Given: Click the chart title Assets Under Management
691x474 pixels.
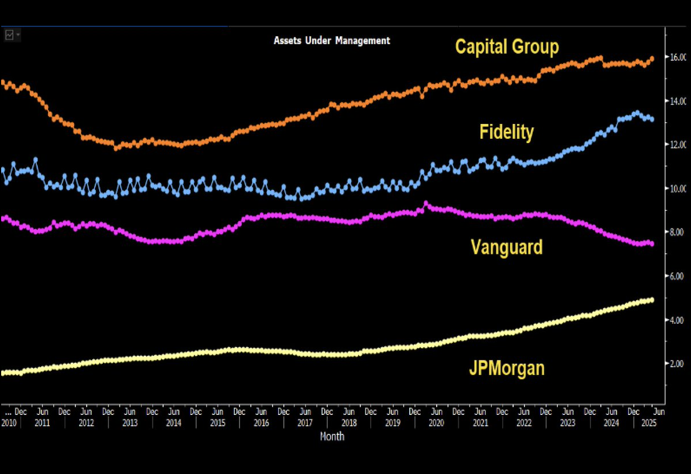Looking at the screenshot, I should coord(332,41).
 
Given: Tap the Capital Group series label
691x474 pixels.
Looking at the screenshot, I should coord(507,46).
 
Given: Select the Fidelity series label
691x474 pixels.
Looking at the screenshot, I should coord(507,133).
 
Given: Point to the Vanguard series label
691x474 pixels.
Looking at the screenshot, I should coord(507,247).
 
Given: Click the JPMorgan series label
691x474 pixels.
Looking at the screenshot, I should coord(507,368).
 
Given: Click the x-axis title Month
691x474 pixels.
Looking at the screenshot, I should coord(332,437).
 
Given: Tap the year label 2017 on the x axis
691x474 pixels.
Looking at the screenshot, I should coord(305,423).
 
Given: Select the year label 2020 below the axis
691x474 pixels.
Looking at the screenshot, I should coord(436,423).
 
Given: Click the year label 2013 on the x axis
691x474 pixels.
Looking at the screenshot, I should coord(130,423).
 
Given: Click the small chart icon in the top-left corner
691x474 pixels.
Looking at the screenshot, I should coord(10,35).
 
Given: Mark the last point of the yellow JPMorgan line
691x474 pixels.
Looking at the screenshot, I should coord(651,300).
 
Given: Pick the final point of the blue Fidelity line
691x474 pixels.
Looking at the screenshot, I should coord(651,119).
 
